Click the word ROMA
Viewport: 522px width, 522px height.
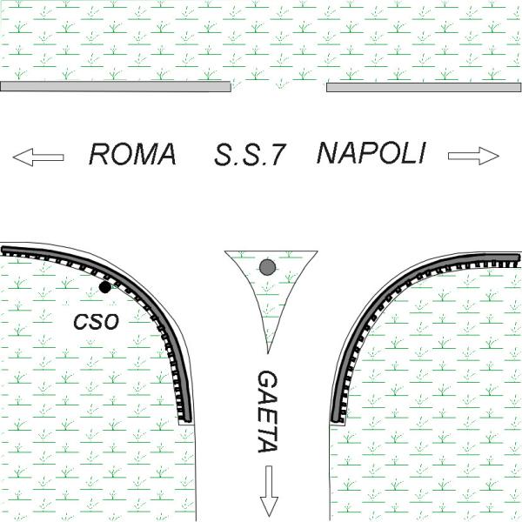click(x=133, y=155)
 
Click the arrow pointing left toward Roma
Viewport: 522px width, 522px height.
click(x=38, y=157)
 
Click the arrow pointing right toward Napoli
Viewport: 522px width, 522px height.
click(x=473, y=156)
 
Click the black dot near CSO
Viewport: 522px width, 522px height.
click(x=105, y=287)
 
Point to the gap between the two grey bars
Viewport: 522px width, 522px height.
click(x=278, y=86)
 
